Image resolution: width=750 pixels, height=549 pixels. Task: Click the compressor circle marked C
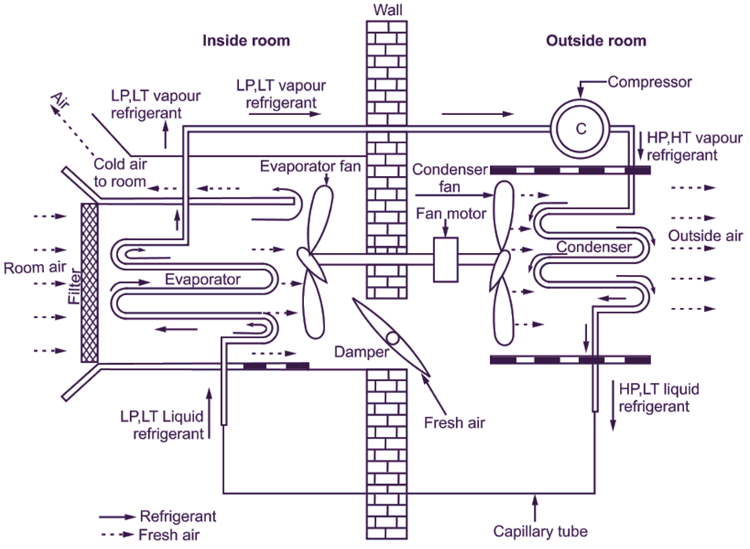point(581,129)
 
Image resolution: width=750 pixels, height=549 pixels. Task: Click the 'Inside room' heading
point(246,41)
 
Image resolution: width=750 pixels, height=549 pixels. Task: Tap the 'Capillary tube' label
point(540,532)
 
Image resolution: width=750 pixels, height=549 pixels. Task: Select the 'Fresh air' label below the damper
point(455,423)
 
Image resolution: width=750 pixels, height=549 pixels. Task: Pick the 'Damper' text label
point(361,352)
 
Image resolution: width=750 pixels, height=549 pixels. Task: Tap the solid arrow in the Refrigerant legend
point(116,518)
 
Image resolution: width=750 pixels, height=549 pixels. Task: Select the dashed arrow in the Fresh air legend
point(116,536)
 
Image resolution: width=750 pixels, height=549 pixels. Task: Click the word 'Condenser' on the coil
point(594,247)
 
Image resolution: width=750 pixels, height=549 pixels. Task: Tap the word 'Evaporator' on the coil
point(202,278)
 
